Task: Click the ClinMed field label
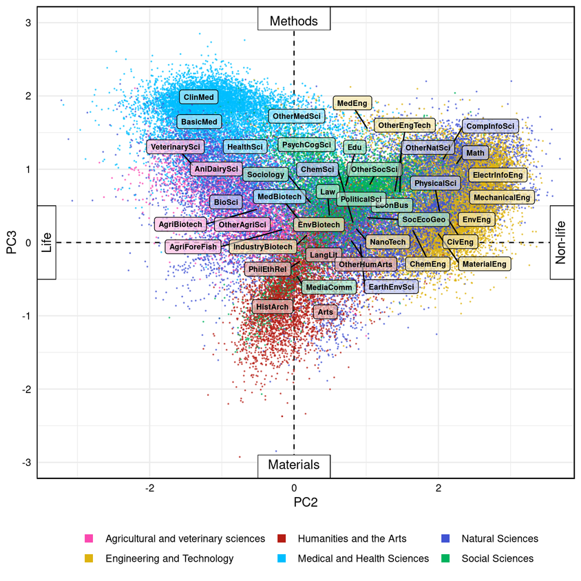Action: [198, 98]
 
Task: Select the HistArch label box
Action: [272, 306]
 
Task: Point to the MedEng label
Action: [352, 103]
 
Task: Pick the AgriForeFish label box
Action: [193, 246]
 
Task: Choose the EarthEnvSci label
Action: [391, 286]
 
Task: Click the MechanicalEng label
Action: [502, 198]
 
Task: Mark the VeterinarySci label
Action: [175, 147]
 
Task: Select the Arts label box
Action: [326, 312]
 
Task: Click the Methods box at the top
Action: [294, 21]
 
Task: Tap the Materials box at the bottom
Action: [294, 465]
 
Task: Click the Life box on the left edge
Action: [46, 242]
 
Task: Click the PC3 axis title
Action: [12, 242]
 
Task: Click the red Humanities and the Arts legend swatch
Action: [281, 538]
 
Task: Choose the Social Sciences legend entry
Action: [497, 558]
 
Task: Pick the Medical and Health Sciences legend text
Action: [363, 558]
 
